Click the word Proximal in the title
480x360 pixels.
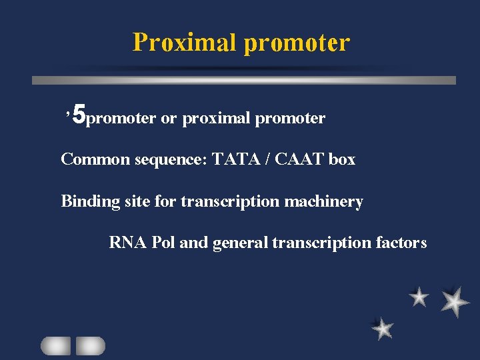185,43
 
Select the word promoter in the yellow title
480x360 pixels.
297,43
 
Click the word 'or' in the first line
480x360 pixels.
169,119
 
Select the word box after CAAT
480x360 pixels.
341,160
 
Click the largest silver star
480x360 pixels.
455,301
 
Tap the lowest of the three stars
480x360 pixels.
383,328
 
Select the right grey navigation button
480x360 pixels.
90,345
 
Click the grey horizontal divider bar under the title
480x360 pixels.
244,80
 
